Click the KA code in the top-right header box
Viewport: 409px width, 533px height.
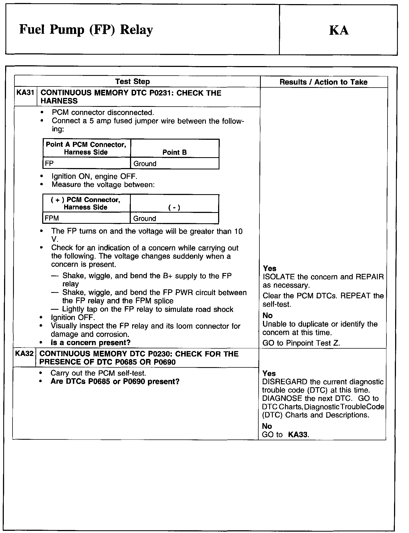point(339,30)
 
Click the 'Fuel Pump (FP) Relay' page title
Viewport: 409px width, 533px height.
point(86,30)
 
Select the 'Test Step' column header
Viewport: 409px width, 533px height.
point(132,82)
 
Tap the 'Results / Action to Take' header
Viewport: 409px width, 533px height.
point(323,82)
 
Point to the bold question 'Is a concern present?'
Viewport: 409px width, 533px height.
point(91,342)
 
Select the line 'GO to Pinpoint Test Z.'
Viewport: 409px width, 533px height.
point(301,343)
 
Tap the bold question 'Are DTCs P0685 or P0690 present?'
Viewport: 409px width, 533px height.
point(115,381)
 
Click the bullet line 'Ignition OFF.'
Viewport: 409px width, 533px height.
point(73,317)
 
